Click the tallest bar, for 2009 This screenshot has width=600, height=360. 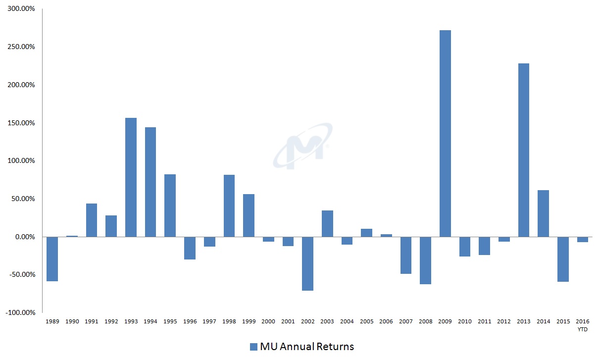[x=445, y=134]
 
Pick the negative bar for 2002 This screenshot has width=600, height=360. [x=307, y=263]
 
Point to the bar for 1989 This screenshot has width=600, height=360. [x=52, y=259]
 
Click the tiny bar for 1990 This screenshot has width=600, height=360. [x=72, y=236]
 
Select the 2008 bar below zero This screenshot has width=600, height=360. [x=425, y=260]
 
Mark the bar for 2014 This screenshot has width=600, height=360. [x=543, y=213]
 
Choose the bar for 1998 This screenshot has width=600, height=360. [x=229, y=206]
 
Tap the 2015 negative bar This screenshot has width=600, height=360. [x=563, y=259]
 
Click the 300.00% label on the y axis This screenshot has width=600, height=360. [x=21, y=9]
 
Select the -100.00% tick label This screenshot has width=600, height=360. [x=20, y=312]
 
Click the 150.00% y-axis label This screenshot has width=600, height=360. [x=21, y=123]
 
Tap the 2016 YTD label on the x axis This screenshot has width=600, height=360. [x=582, y=325]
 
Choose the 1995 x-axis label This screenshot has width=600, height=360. [x=170, y=322]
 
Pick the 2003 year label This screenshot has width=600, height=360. [x=327, y=322]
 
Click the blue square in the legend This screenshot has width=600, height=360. [x=254, y=347]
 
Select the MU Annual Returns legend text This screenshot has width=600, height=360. [x=307, y=347]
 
